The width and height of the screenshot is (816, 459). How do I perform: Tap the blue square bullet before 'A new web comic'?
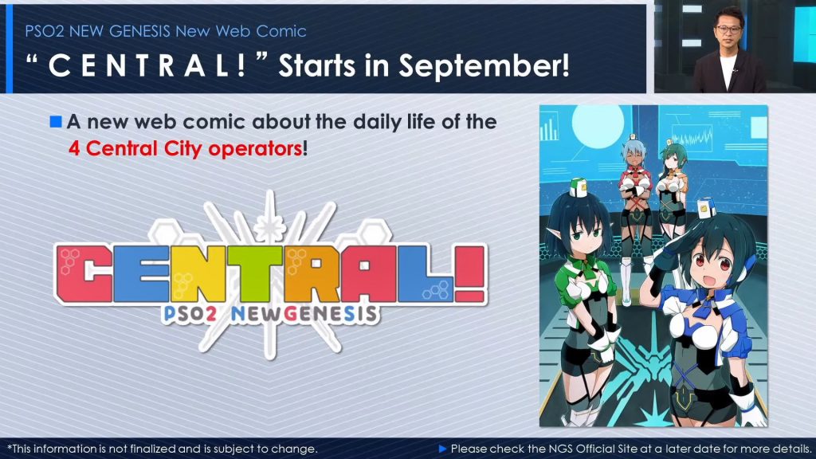point(56,122)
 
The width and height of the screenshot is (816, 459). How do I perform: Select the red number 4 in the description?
point(74,149)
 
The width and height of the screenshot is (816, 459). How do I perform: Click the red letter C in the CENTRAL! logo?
point(84,274)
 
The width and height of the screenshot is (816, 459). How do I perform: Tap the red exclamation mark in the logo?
point(470,274)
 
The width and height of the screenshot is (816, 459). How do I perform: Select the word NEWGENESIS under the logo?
point(304,314)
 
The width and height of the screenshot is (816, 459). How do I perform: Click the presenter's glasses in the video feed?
point(728,29)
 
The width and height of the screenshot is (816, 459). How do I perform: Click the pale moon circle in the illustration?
point(598,124)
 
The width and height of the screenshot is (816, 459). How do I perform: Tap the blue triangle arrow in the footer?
point(443,449)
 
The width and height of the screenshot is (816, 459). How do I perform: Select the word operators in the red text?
point(255,149)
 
